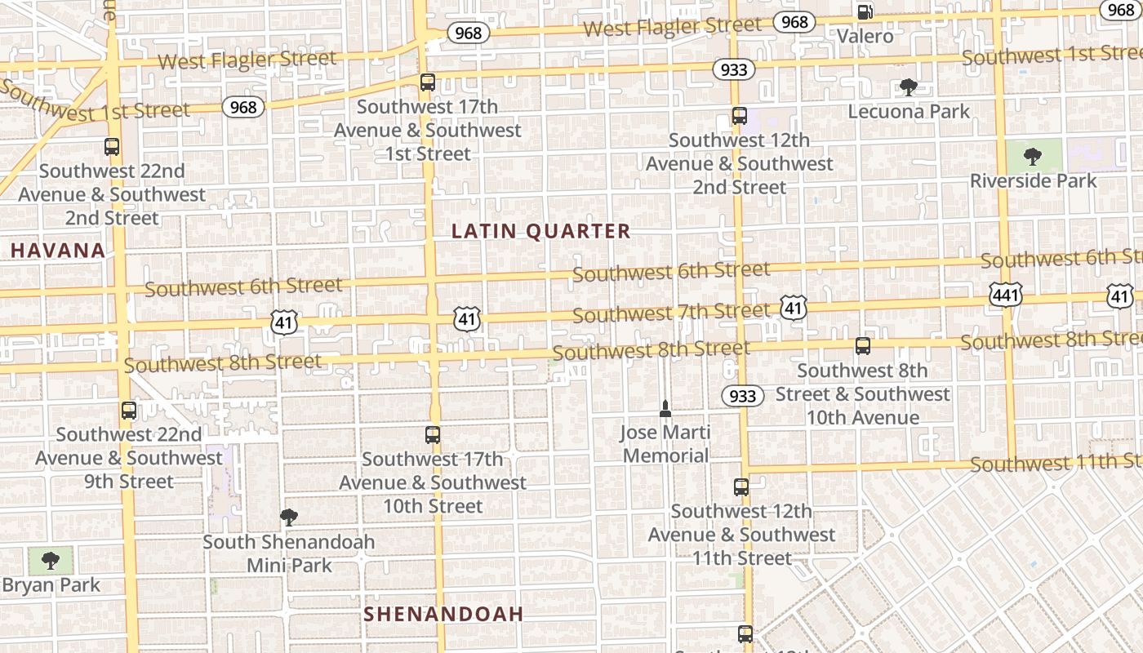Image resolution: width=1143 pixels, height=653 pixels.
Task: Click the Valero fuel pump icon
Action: [864, 12]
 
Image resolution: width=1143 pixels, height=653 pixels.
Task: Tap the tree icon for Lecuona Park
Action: [908, 87]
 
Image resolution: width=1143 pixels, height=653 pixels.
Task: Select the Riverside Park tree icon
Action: [1033, 156]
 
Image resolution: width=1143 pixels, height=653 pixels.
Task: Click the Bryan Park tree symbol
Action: [51, 560]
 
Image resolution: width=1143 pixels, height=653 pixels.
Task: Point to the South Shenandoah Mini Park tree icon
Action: [288, 517]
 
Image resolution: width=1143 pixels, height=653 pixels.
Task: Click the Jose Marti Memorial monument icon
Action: [665, 408]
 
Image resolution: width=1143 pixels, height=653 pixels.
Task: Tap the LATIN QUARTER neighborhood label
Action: [541, 231]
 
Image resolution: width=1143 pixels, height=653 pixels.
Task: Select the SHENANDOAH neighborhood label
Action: [443, 614]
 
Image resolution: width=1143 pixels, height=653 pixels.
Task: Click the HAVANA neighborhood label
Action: [58, 251]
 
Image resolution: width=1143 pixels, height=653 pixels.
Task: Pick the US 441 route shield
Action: [1005, 295]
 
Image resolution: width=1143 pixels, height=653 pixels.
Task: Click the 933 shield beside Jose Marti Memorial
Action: [742, 396]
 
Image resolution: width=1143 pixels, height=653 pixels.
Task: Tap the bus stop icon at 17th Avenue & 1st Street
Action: [428, 82]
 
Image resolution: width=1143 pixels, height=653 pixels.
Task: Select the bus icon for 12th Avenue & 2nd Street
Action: [740, 116]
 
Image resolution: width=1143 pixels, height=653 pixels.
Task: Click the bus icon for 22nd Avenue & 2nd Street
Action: [112, 147]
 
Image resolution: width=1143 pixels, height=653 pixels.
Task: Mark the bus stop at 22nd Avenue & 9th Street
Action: [129, 411]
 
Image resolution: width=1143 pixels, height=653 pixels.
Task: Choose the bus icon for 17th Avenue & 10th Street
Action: [433, 435]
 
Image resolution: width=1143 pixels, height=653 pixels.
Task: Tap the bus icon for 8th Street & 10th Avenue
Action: [863, 346]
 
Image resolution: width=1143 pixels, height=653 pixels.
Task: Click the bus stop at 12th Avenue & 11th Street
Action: [741, 487]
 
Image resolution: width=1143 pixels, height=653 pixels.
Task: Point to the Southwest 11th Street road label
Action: [1056, 463]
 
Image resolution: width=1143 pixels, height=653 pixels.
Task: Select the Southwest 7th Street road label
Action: [671, 312]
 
